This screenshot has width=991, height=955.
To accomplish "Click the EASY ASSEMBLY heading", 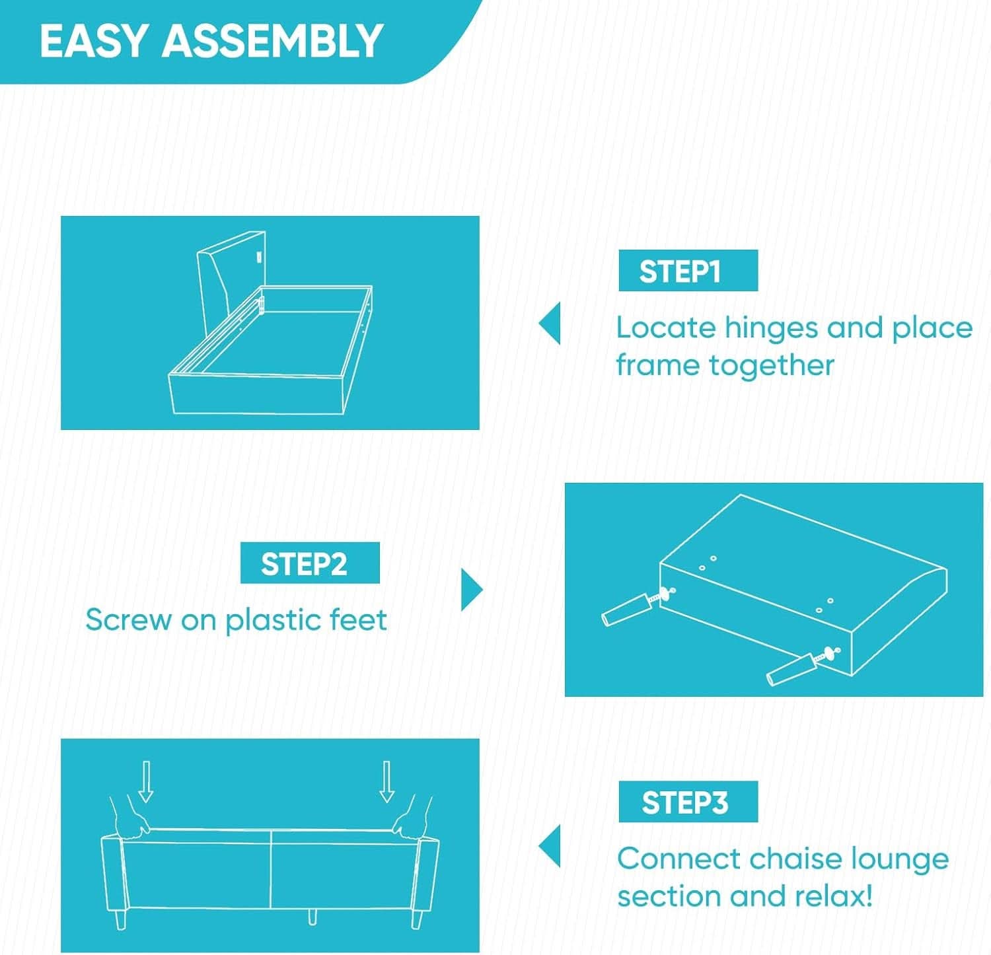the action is tap(211, 41).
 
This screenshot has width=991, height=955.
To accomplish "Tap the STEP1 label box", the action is tap(688, 271).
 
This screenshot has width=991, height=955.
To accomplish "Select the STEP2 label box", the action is tap(310, 563).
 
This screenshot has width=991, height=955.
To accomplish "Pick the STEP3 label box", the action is tap(688, 802).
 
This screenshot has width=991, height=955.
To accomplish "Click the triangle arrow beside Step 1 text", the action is tap(550, 324).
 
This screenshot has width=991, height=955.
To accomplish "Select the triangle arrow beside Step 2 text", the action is tap(472, 590).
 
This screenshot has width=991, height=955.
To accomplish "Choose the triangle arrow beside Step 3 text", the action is tap(550, 846).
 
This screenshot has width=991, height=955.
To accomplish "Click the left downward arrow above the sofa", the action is tap(146, 781).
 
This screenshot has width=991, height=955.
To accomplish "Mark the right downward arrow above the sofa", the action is tap(387, 781).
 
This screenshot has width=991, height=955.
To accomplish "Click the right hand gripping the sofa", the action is tap(411, 816).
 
